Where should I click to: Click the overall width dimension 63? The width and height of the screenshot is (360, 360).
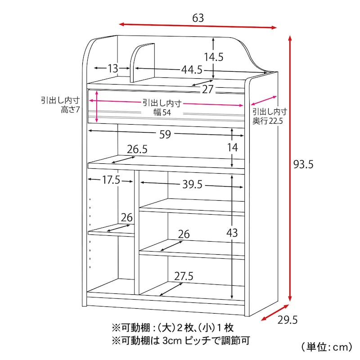198,18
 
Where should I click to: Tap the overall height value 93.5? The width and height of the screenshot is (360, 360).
303,164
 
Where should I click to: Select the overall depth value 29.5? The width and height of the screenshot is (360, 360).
288,320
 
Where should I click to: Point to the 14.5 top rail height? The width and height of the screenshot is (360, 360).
214,57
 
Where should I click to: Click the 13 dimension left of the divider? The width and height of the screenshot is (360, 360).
113,68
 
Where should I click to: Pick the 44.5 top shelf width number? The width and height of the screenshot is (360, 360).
192,70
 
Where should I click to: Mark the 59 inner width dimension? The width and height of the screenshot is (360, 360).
165,134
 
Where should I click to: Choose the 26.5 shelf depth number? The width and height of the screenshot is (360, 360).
137,149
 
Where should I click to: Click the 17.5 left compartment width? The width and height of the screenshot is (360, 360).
111,180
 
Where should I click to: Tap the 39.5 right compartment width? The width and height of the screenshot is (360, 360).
193,184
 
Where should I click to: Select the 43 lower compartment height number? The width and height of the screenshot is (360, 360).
232,233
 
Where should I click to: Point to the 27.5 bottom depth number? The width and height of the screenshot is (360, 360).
184,276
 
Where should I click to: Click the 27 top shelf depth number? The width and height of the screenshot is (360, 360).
207,89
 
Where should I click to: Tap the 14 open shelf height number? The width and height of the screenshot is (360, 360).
232,148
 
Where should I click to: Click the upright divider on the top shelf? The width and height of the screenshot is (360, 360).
142,63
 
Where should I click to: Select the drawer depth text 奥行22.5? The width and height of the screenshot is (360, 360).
268,121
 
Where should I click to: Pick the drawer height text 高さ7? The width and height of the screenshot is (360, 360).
70,110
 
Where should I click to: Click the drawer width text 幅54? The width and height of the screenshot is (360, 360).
162,112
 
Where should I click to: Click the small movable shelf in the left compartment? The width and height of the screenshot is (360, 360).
111,230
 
